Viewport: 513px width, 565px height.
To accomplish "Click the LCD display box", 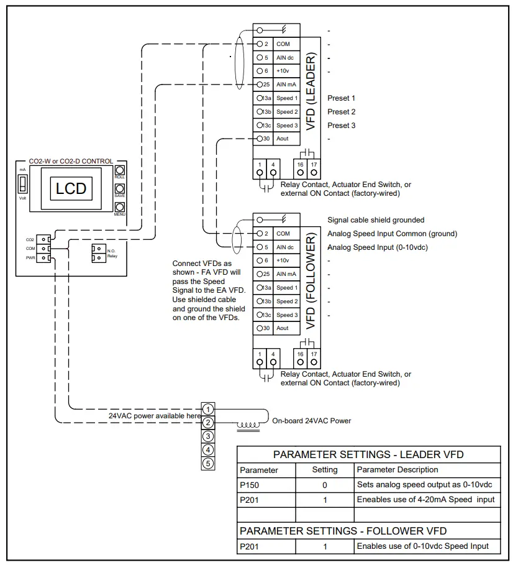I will pos(71,188).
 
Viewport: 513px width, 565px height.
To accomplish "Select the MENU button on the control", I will pos(120,208).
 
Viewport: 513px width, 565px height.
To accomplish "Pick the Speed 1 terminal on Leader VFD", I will pos(286,98).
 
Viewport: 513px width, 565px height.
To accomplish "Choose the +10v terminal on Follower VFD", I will pos(283,260).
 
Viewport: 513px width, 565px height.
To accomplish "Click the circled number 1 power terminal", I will pos(209,409).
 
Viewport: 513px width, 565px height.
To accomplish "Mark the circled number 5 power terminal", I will pos(209,463).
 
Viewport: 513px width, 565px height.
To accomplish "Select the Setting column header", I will pos(325,470).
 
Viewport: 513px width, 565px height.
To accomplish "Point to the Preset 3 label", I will pos(341,126).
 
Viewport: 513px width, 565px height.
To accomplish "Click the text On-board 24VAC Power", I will pos(312,421).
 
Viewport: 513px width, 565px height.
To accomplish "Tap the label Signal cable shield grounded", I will pos(376,220).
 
